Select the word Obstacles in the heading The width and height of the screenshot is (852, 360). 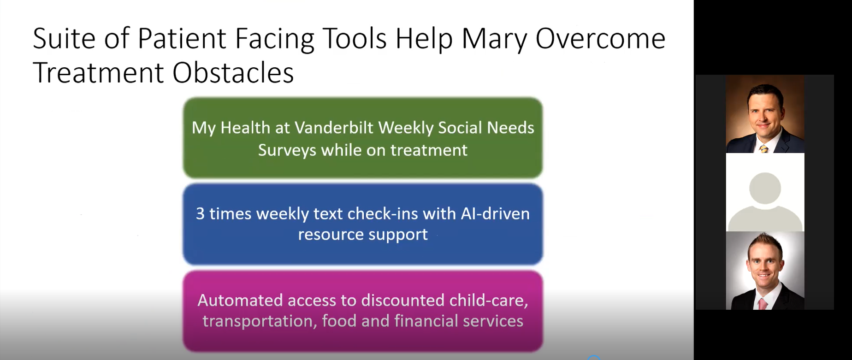[233, 73]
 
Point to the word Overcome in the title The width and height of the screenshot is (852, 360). [600, 38]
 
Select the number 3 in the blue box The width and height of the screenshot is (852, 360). [200, 214]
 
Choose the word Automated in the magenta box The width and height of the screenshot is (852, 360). [240, 301]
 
